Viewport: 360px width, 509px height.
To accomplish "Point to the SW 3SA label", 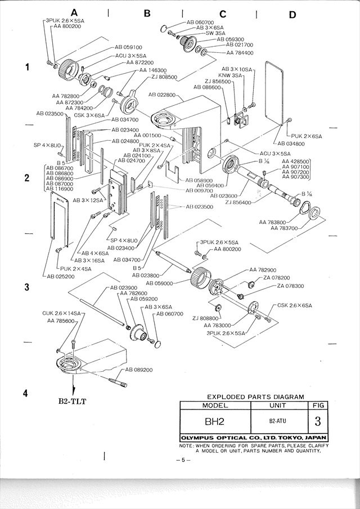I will pos(213,33).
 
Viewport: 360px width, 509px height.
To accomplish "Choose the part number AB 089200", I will pos(141,370).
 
